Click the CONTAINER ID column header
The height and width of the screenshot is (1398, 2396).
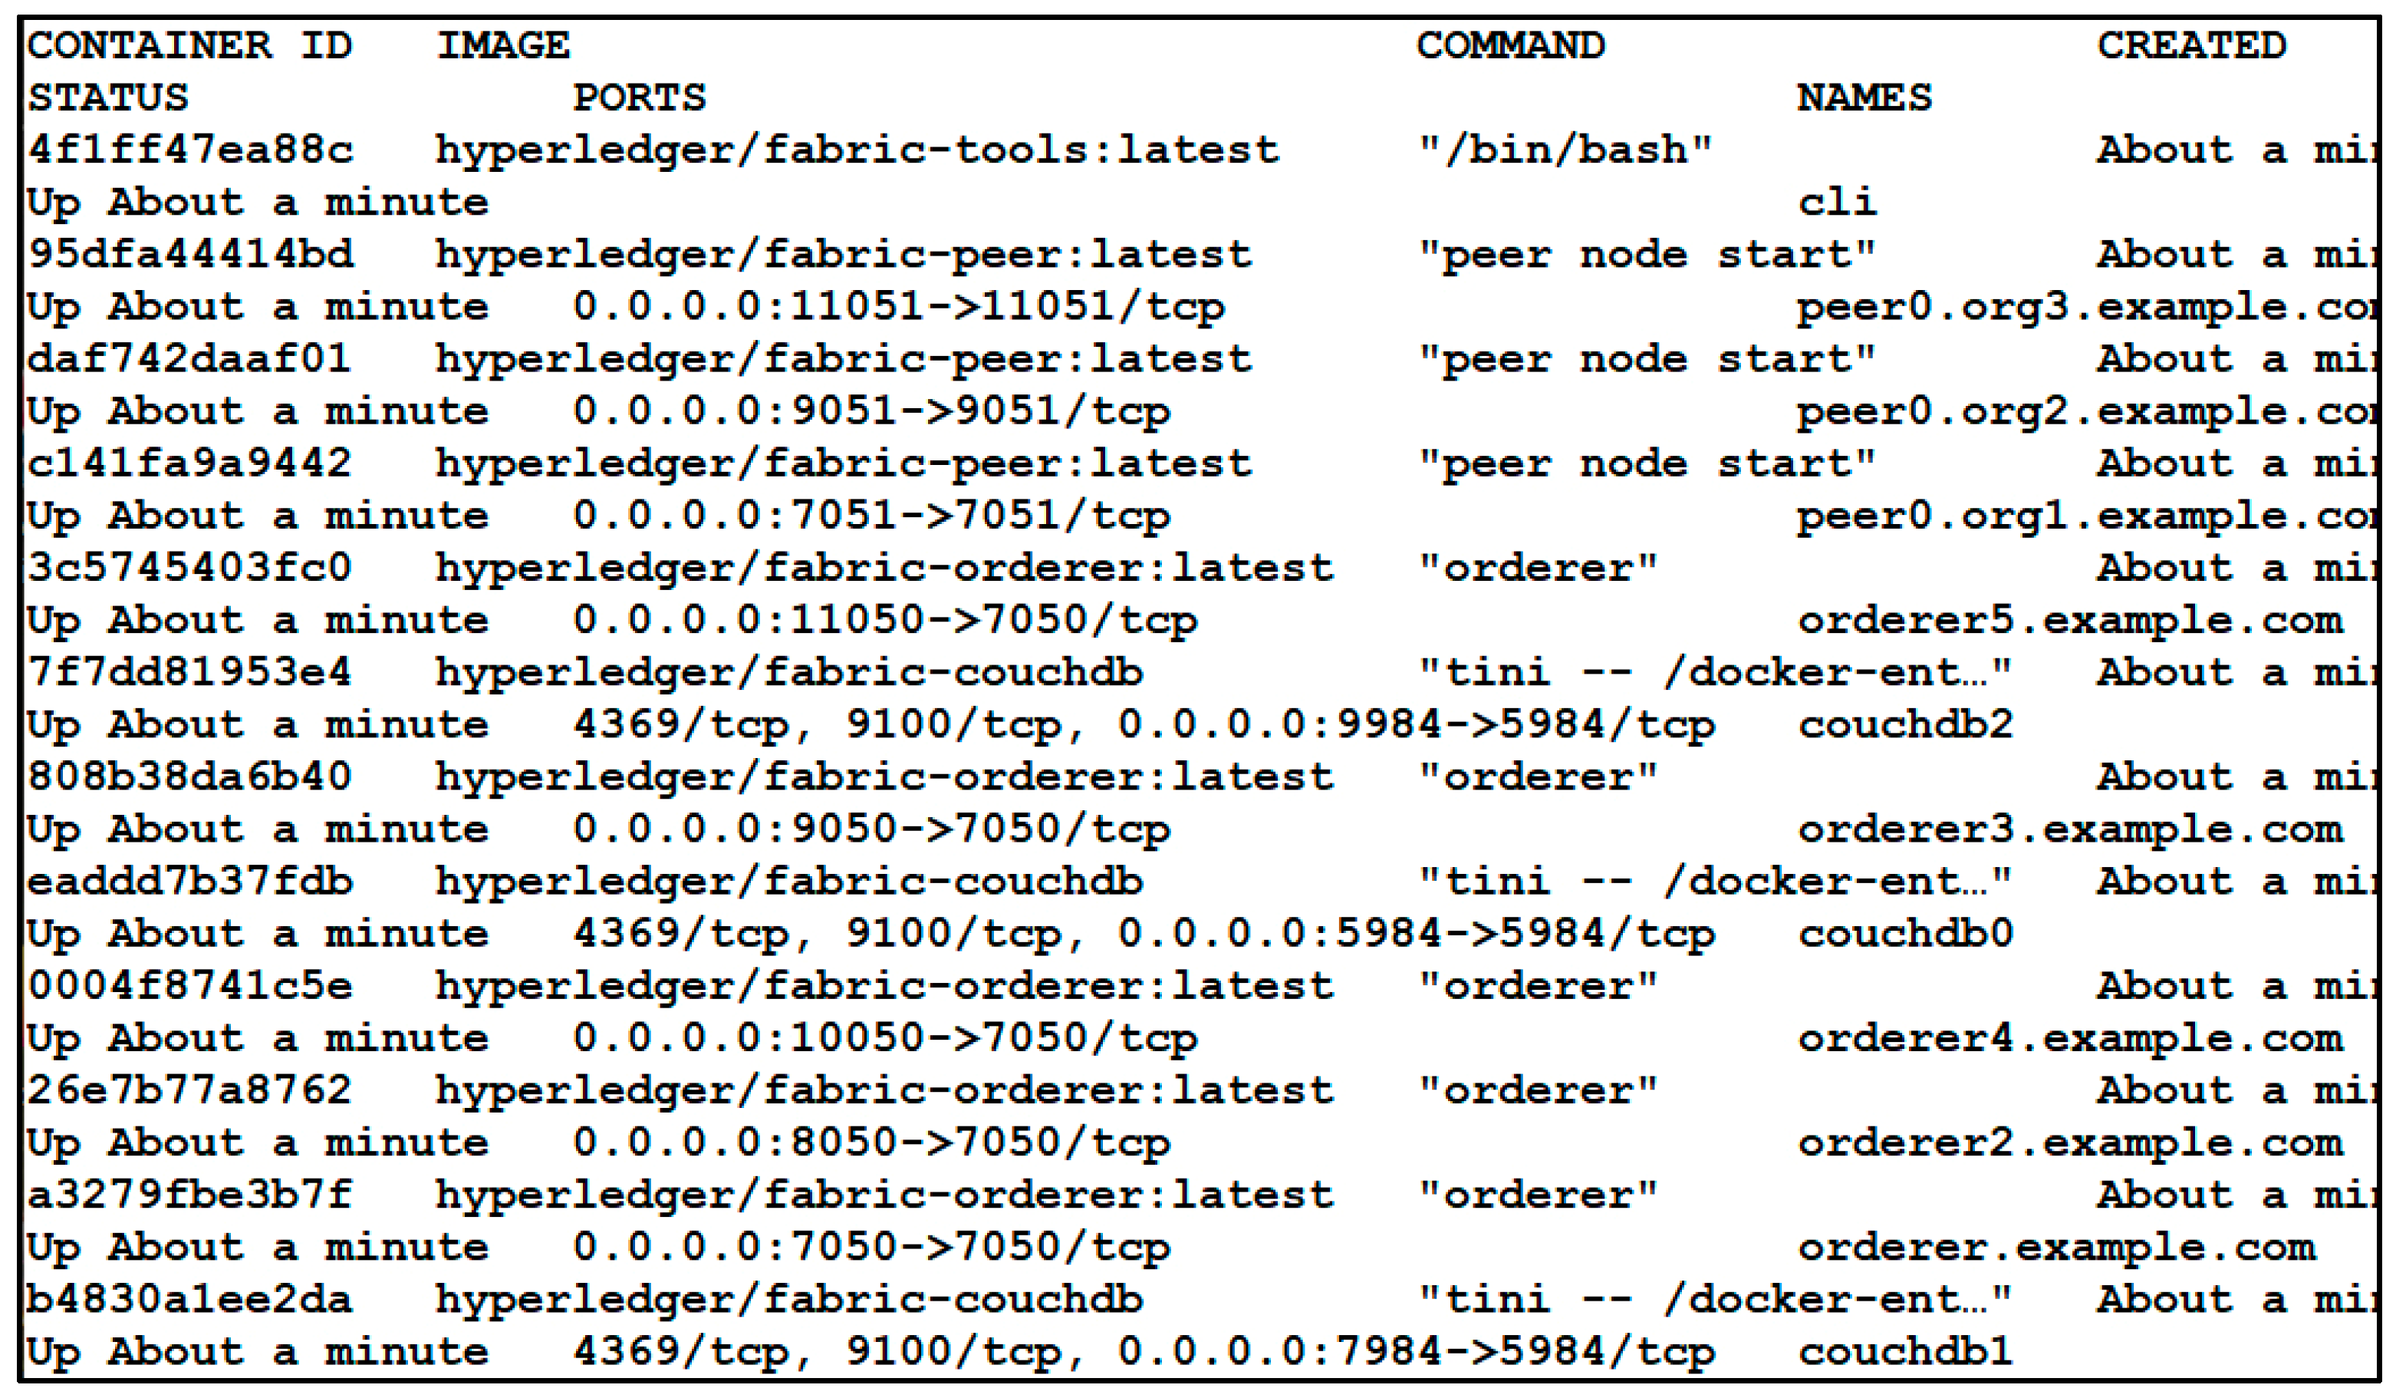[189, 45]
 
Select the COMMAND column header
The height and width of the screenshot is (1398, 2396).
[1510, 45]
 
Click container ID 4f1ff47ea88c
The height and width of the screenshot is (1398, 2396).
[189, 150]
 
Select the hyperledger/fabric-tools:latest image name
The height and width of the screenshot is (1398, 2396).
[857, 150]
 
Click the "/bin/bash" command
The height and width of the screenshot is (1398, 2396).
[1564, 150]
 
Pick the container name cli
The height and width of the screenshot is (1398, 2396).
[1836, 203]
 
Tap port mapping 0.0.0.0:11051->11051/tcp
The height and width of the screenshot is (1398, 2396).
[899, 307]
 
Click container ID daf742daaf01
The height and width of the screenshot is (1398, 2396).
[189, 360]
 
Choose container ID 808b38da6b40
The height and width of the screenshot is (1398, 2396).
[189, 777]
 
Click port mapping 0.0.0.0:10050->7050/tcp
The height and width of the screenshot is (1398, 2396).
[884, 1038]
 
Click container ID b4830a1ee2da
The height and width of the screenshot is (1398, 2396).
[189, 1300]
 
